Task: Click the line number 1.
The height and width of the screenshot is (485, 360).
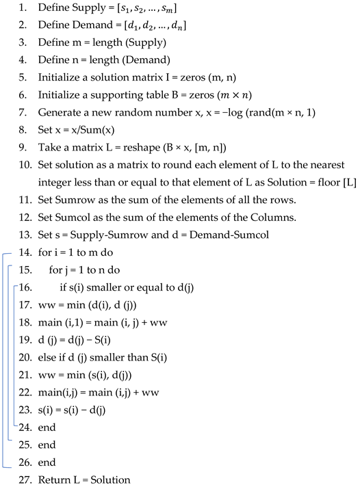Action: [23, 13]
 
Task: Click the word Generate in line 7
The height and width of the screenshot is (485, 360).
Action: [60, 117]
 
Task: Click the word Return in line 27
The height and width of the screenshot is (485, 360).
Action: [53, 479]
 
